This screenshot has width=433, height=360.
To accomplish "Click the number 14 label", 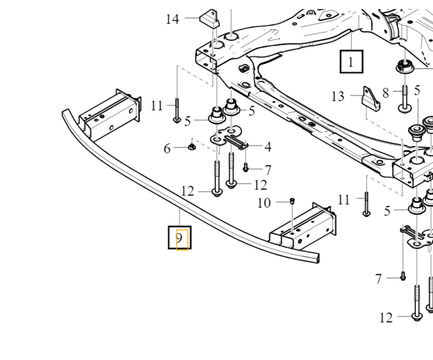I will tap(172, 19).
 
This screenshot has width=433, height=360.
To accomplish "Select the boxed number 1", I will tap(351, 61).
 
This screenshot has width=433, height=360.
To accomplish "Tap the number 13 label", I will tap(338, 96).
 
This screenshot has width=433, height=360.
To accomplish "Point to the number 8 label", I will tap(386, 92).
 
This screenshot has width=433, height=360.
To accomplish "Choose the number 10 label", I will tap(264, 203).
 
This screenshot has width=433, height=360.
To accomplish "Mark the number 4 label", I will tap(267, 147).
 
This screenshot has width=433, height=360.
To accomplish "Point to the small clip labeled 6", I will tap(192, 145).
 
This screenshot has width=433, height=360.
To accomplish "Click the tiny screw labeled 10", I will tap(292, 202).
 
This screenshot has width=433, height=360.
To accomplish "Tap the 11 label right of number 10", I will tap(343, 200).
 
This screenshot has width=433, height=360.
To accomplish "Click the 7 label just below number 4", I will tap(267, 170).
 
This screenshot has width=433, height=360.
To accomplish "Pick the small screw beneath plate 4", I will tap(246, 169).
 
